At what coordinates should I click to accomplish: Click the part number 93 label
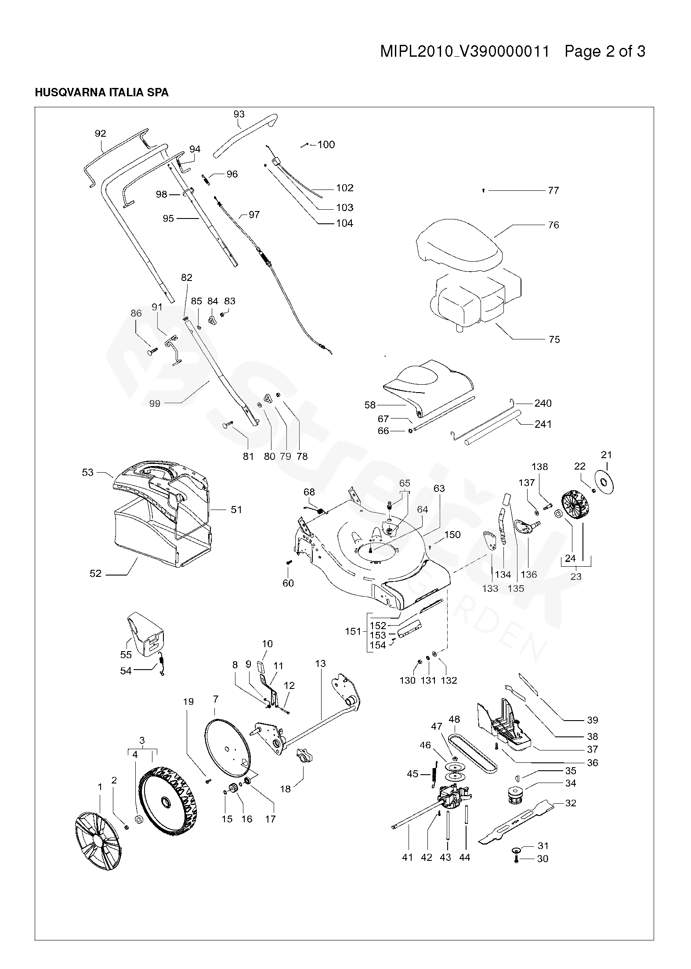(x=239, y=114)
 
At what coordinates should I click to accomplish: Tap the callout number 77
(x=553, y=190)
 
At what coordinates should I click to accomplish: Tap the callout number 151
(x=353, y=632)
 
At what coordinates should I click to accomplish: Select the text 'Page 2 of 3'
(x=604, y=52)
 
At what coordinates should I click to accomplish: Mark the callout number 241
(x=543, y=424)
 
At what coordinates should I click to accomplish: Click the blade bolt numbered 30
(x=516, y=859)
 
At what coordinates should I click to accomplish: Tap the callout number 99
(x=155, y=403)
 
